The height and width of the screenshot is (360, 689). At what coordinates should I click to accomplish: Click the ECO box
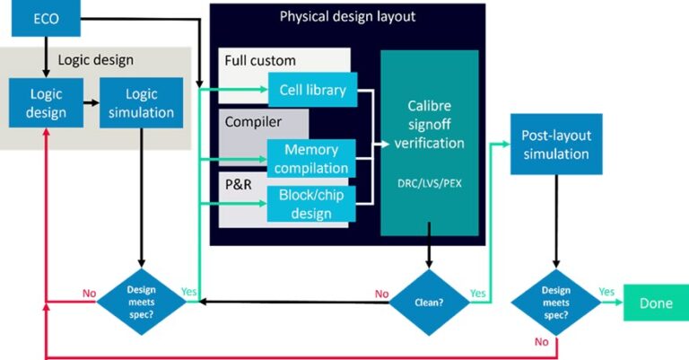click(x=46, y=19)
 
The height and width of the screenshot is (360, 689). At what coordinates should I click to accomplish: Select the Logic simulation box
click(x=141, y=103)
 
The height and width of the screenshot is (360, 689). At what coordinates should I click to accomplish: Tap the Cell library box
click(x=312, y=90)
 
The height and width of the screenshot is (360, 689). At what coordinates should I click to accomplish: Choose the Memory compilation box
click(x=311, y=158)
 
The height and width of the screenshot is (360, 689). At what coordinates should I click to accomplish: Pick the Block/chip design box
click(x=311, y=204)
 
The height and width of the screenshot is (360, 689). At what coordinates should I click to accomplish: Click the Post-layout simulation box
click(x=556, y=145)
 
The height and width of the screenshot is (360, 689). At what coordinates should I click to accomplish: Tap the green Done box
click(x=656, y=303)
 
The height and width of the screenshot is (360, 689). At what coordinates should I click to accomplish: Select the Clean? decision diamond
click(x=429, y=303)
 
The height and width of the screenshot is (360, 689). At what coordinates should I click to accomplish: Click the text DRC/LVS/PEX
click(x=430, y=183)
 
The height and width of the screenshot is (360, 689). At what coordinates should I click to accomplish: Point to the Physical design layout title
click(x=347, y=16)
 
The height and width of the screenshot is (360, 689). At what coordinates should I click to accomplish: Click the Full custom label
click(x=260, y=60)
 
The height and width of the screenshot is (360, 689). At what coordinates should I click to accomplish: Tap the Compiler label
click(x=253, y=122)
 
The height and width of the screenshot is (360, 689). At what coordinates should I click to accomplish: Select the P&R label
click(x=238, y=184)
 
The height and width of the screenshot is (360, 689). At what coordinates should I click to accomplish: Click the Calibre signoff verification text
click(x=430, y=125)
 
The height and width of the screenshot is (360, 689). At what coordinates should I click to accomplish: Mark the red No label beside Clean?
click(x=381, y=294)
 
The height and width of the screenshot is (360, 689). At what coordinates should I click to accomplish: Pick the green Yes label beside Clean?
click(x=477, y=294)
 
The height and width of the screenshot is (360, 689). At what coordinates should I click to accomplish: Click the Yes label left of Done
click(x=606, y=292)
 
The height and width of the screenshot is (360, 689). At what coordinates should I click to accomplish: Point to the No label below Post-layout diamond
click(x=541, y=341)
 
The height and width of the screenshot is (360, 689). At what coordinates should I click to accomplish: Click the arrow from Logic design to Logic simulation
click(x=92, y=103)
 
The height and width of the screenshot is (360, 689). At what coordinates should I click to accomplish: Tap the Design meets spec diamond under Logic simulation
click(x=141, y=302)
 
